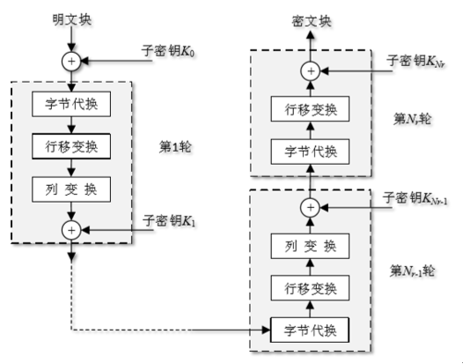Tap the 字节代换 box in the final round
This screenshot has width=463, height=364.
click(309, 150)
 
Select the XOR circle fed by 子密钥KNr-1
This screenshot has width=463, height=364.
click(309, 206)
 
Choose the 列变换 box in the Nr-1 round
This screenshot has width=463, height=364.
click(309, 247)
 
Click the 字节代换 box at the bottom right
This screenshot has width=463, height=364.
click(309, 331)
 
